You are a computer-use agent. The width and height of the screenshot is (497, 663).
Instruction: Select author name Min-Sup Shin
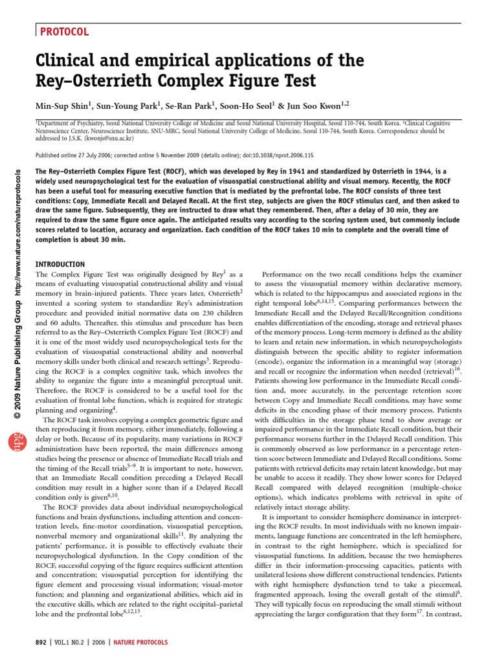tap(62, 104)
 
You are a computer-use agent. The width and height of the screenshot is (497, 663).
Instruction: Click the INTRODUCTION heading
tap(59, 264)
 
